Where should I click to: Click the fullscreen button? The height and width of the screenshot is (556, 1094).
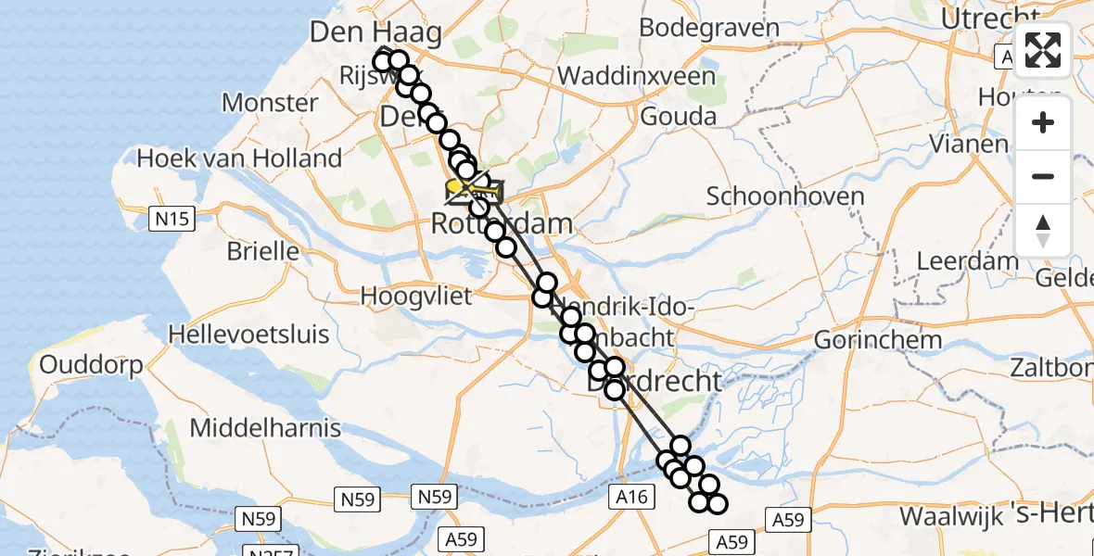(x=1043, y=50)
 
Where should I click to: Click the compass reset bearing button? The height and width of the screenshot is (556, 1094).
(x=1043, y=231)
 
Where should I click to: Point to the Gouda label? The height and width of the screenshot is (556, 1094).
(x=678, y=117)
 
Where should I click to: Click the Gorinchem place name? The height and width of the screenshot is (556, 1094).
(x=877, y=339)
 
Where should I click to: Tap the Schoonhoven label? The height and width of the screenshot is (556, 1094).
(x=784, y=196)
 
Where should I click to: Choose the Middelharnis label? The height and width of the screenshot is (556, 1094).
(x=265, y=428)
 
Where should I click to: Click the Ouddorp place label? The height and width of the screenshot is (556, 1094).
(x=91, y=365)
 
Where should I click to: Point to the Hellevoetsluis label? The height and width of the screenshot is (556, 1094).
(x=249, y=334)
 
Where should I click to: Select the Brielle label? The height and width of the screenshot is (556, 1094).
(x=262, y=251)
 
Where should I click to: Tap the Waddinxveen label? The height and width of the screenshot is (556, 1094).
(x=638, y=75)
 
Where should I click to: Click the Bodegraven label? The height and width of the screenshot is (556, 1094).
(x=708, y=28)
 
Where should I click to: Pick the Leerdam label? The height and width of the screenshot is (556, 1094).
(x=967, y=261)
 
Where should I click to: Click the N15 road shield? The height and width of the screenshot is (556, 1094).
(x=172, y=220)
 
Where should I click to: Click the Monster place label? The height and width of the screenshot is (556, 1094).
(x=270, y=102)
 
